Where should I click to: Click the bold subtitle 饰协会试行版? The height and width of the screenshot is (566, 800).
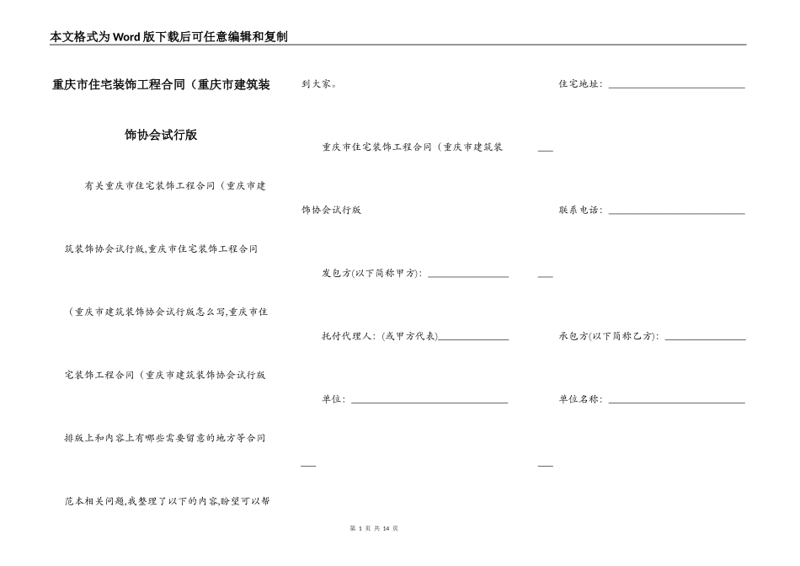tap(161, 134)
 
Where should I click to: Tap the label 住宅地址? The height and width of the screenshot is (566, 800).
tap(579, 84)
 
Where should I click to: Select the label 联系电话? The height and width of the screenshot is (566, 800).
tap(579, 211)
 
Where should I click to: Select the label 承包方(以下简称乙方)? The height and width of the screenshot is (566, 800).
tap(608, 336)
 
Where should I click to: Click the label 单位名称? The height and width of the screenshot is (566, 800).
tap(579, 399)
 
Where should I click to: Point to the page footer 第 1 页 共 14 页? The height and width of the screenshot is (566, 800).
tap(372, 528)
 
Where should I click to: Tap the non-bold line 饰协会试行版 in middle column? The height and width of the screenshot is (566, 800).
tap(331, 211)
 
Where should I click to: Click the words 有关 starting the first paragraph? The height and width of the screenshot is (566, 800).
tap(94, 186)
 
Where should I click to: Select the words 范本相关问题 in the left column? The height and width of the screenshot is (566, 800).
tap(94, 500)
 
